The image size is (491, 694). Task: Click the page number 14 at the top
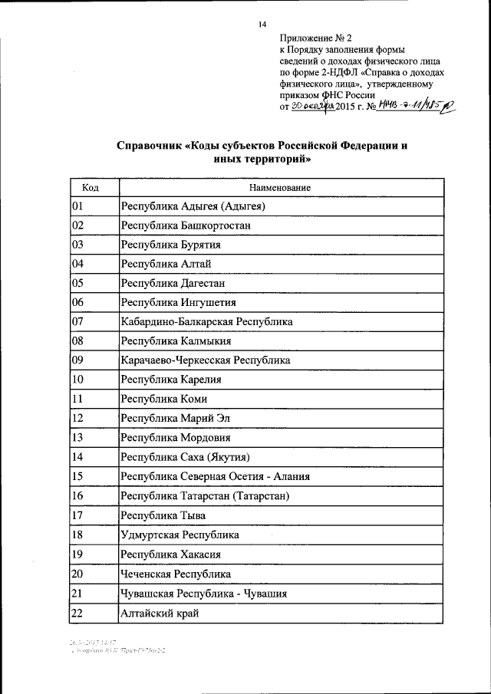[261, 24]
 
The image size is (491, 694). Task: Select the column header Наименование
[280, 187]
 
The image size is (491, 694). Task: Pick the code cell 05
[77, 283]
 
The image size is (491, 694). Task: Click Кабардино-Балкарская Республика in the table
[206, 322]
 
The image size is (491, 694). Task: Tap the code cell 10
[77, 380]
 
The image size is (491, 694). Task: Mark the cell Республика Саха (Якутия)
[186, 457]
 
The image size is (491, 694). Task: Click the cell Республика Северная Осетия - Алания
[215, 476]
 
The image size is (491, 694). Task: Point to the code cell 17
[77, 515]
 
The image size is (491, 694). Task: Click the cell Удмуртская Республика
[180, 534]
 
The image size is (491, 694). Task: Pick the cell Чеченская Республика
[175, 574]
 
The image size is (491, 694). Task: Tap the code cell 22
[77, 612]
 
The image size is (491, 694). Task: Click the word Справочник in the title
[150, 146]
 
